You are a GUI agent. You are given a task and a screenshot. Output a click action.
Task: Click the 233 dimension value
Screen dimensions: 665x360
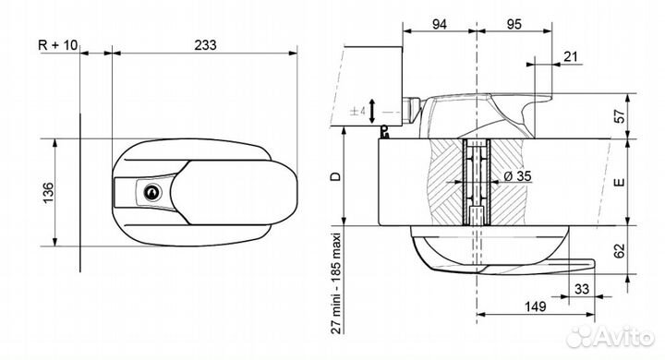tap(205, 45)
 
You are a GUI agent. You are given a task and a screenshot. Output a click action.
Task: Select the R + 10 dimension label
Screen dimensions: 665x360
tap(58, 45)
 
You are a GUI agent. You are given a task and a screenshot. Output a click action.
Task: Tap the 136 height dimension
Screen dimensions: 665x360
tap(48, 193)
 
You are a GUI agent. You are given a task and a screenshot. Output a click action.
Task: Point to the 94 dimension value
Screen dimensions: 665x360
tap(440, 24)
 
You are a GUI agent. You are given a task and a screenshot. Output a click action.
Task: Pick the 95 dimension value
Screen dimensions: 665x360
tap(514, 24)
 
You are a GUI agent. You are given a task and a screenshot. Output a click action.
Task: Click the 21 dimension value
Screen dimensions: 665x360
tap(572, 56)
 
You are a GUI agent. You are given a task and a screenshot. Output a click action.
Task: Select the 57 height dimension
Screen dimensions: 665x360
tap(620, 116)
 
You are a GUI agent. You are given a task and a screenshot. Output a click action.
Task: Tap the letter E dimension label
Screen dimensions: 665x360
tap(620, 183)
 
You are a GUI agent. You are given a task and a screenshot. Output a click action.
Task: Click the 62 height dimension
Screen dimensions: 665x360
tap(620, 250)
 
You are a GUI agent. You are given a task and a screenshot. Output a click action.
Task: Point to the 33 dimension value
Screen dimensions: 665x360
tap(582, 289)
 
